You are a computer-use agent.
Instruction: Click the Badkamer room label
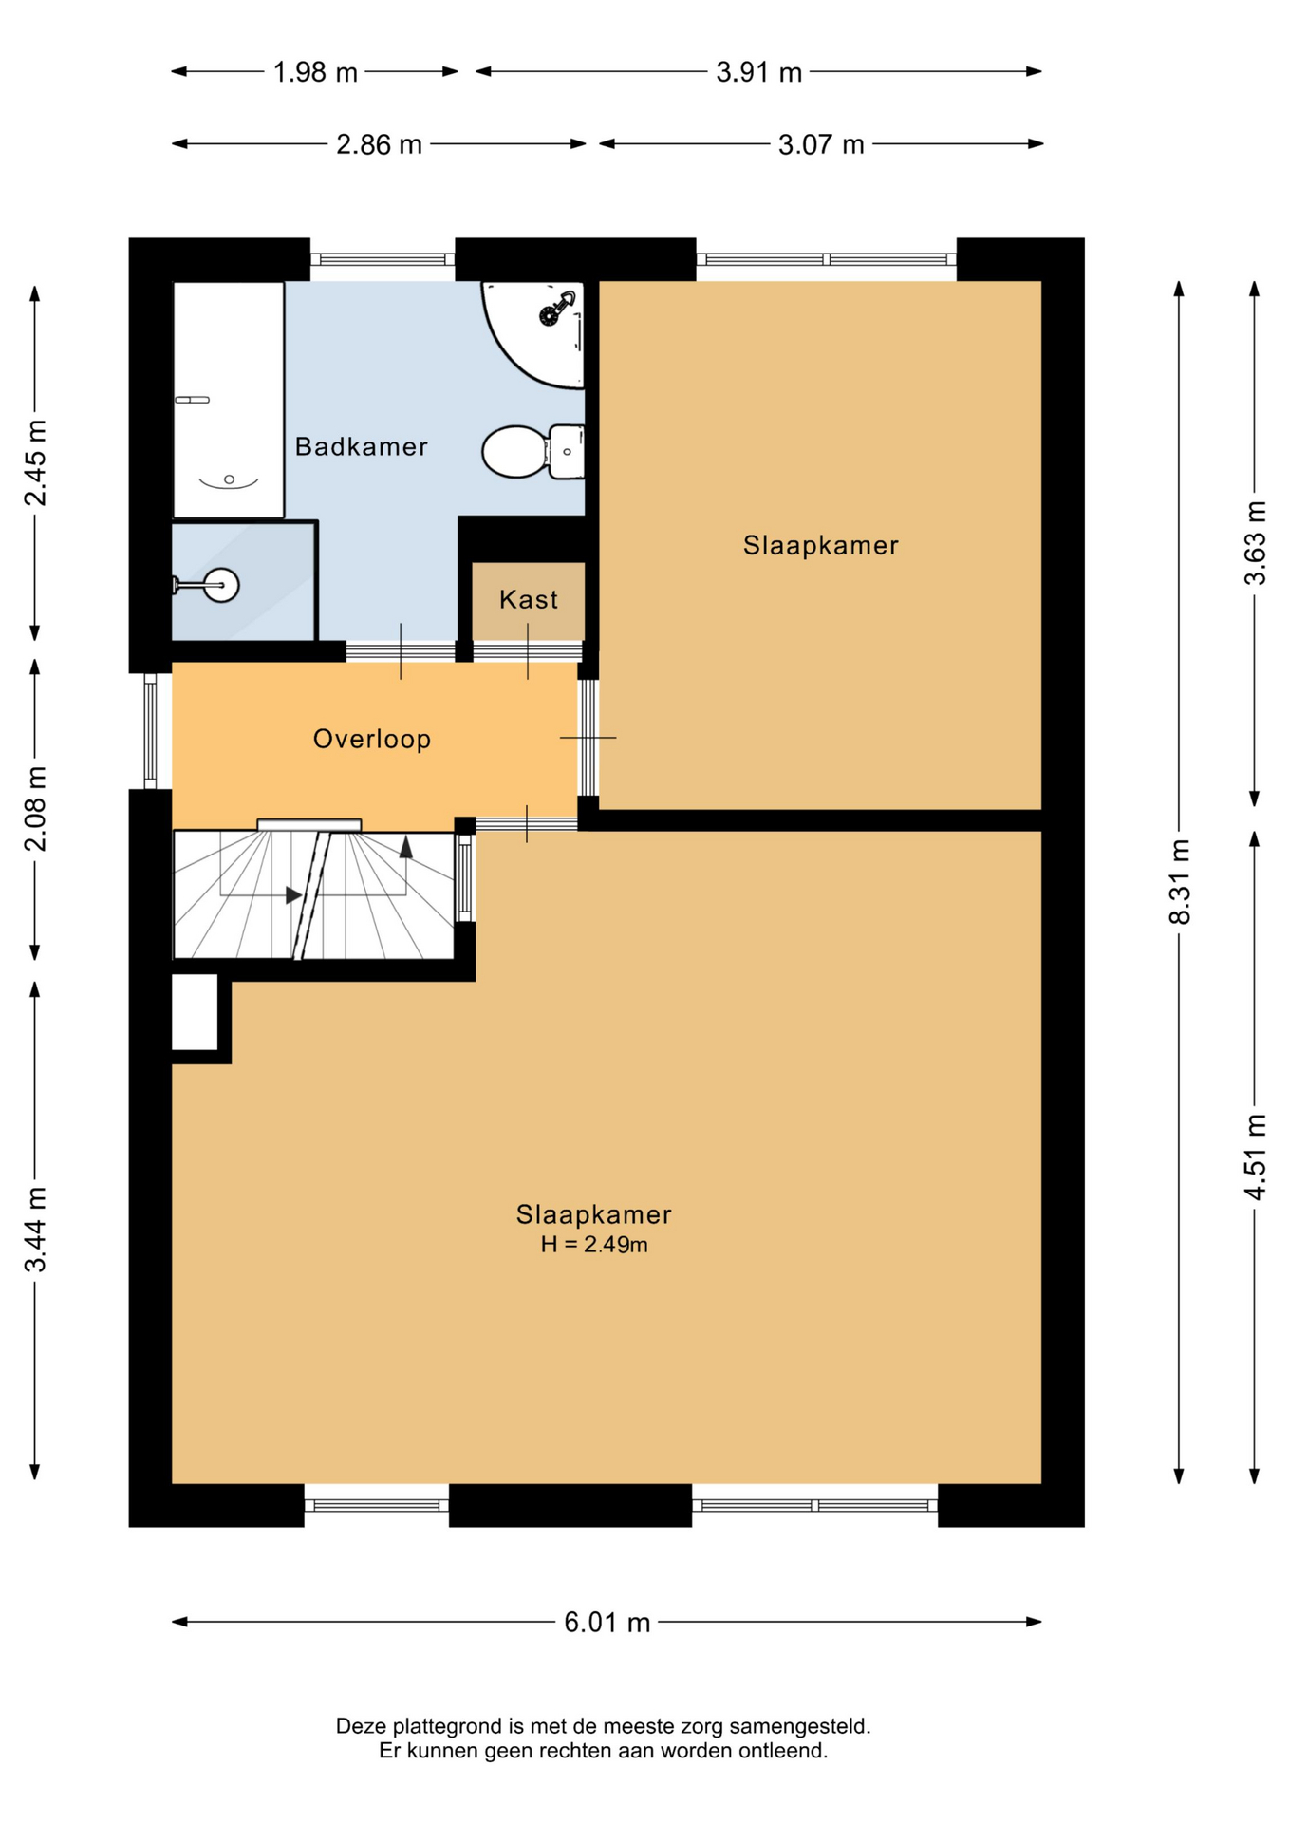(x=361, y=446)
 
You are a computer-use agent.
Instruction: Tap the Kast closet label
(x=529, y=599)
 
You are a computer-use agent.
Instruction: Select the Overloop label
(x=372, y=739)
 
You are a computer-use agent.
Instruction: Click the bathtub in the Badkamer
(x=229, y=400)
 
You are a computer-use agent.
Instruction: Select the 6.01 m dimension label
(x=607, y=1622)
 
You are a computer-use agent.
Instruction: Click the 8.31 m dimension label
(x=1179, y=881)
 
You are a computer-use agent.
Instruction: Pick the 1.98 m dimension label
(x=315, y=72)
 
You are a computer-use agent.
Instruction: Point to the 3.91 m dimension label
(x=759, y=72)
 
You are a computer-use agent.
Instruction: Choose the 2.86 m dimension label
(x=379, y=144)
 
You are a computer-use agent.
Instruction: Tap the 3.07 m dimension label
(x=821, y=144)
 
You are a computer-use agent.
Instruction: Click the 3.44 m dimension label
(x=35, y=1230)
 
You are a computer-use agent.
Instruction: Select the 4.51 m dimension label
(x=1255, y=1156)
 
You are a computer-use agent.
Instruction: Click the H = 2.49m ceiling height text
(x=594, y=1245)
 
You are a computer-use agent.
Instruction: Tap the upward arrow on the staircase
(x=406, y=847)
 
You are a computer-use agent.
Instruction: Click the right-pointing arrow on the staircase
(x=294, y=894)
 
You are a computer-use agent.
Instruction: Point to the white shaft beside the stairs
(x=195, y=1012)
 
